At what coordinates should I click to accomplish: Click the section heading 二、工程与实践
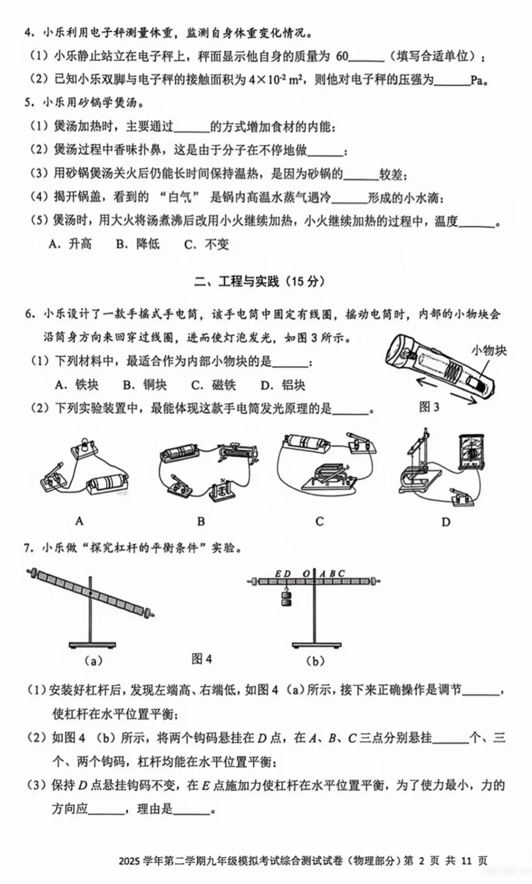point(259,282)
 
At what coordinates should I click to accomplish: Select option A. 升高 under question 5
point(70,244)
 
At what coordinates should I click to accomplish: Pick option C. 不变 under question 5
point(206,244)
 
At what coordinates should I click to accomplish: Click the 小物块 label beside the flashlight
point(489,351)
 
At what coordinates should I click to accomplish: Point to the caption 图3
point(429,407)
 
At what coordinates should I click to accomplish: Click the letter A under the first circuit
point(79,521)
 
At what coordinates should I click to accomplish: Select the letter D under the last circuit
point(446,522)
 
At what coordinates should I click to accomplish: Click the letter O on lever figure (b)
point(306,574)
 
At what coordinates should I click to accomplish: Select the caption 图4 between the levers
point(201,659)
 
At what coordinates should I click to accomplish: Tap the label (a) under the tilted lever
point(93,661)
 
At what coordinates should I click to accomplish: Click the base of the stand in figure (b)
point(316,645)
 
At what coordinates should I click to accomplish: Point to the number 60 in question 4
point(342,57)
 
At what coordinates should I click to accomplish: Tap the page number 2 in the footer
point(421,860)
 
